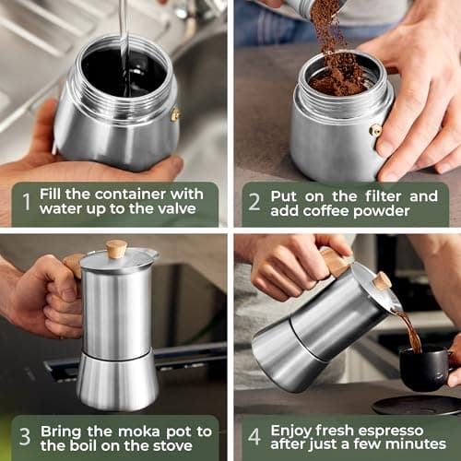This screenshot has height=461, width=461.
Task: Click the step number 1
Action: (27, 202)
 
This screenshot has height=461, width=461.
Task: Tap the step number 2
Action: (254, 202)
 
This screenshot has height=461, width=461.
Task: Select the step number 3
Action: (27, 436)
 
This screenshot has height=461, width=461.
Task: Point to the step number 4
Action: (254, 436)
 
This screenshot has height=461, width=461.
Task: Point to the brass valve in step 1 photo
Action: (175, 115)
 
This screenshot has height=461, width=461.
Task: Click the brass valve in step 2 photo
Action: (375, 130)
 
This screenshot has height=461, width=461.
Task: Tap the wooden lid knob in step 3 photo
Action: (116, 249)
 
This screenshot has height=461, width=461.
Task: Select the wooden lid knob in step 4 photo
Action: (382, 280)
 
